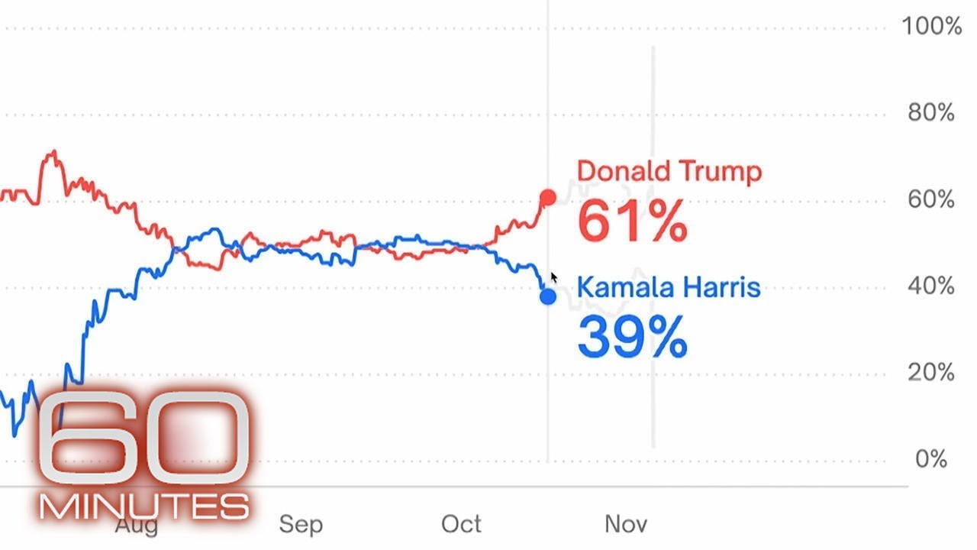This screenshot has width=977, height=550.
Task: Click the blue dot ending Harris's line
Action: point(547,296)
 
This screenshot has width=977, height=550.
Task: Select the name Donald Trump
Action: point(669,171)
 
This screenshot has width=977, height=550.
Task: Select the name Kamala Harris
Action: point(669,288)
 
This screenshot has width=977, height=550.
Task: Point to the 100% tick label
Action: point(931,27)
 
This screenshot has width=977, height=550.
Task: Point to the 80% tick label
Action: point(931,113)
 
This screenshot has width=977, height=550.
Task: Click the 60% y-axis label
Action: point(931,200)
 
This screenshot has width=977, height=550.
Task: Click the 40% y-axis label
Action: point(931,286)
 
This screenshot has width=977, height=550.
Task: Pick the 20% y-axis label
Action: point(931,373)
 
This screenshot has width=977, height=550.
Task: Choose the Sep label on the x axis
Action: point(301,525)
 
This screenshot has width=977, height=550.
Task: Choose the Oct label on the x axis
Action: point(462,525)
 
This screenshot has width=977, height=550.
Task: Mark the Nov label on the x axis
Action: point(626,525)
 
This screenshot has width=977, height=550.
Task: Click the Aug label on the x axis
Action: point(137,526)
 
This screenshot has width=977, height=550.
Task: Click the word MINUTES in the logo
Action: point(145,506)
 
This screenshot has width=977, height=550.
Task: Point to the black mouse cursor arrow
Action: point(553,277)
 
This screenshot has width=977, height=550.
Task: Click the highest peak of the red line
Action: point(52,154)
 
